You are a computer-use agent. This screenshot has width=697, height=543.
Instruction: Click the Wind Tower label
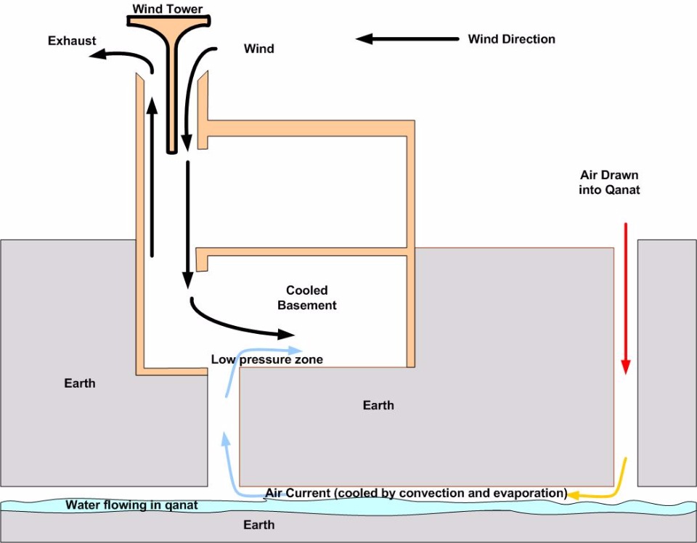pyautogui.click(x=168, y=9)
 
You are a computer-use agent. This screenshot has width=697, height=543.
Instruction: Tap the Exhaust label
pyautogui.click(x=72, y=41)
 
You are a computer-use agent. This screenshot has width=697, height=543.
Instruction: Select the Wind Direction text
pyautogui.click(x=512, y=39)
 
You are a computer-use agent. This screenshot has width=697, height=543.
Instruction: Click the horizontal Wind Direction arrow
pyautogui.click(x=407, y=39)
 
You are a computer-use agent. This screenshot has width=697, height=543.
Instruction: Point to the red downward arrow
pyautogui.click(x=626, y=298)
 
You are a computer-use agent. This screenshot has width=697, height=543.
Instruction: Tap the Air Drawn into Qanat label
pyautogui.click(x=609, y=182)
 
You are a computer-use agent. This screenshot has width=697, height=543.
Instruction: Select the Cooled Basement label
pyautogui.click(x=306, y=298)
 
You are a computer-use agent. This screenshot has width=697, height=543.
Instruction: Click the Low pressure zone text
pyautogui.click(x=266, y=359)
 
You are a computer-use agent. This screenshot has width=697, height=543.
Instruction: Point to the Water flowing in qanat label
pyautogui.click(x=131, y=505)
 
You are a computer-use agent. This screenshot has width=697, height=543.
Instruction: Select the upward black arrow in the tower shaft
pyautogui.click(x=152, y=176)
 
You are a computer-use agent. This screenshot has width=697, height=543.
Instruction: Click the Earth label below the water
pyautogui.click(x=258, y=525)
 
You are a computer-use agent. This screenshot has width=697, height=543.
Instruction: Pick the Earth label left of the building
pyautogui.click(x=80, y=383)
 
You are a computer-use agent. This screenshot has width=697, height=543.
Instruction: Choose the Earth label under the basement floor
pyautogui.click(x=378, y=405)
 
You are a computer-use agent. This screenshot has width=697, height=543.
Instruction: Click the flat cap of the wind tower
pyautogui.click(x=169, y=21)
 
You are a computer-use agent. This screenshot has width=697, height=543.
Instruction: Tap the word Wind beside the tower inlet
pyautogui.click(x=258, y=49)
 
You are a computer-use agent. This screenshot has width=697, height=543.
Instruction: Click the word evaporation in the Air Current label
pyautogui.click(x=532, y=493)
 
